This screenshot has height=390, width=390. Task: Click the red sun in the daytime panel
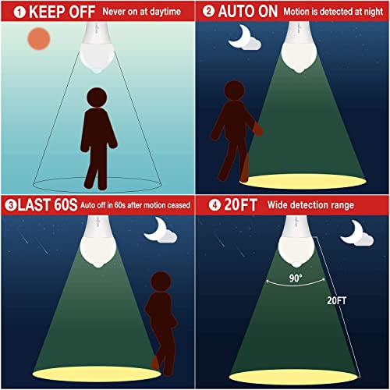(x=37, y=40)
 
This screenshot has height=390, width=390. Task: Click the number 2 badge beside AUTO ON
(x=207, y=10)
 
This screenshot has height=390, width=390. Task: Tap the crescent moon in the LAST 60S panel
(x=160, y=228)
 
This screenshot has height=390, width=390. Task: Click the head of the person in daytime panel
(x=97, y=98)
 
